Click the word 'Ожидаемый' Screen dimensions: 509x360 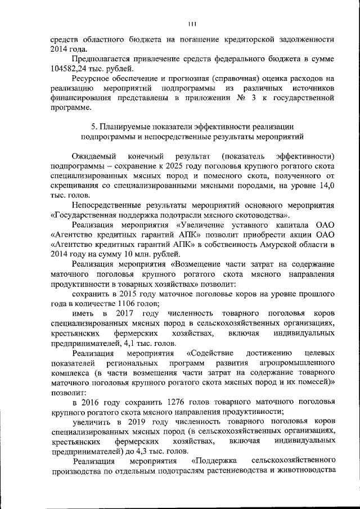(x=94, y=155)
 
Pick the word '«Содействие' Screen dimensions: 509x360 (x=209, y=353)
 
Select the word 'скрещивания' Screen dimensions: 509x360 (x=74, y=184)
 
